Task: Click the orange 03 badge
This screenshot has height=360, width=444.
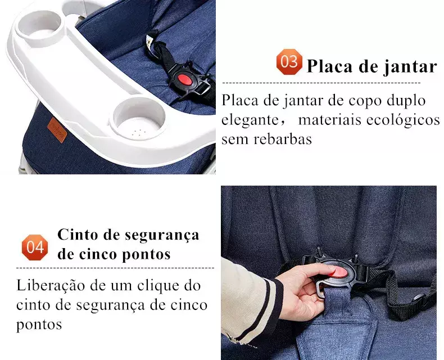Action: point(289,62)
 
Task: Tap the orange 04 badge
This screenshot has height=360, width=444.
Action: point(35,247)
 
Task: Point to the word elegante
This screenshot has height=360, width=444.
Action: point(250,120)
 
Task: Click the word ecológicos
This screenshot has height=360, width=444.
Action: point(403,119)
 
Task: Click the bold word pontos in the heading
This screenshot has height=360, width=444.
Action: point(146,254)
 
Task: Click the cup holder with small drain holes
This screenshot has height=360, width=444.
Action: point(138,119)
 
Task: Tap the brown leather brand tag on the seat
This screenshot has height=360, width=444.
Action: point(57,130)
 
